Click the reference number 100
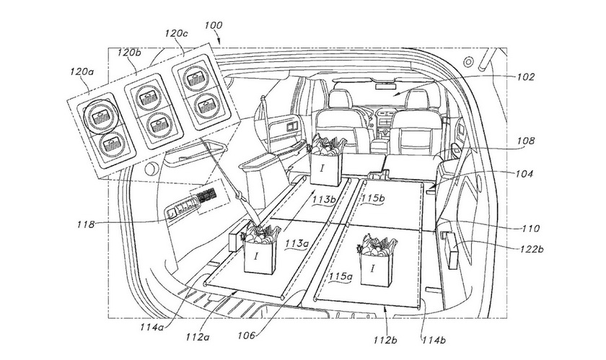214,25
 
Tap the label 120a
82,72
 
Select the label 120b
129,53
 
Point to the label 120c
176,33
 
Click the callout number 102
526,77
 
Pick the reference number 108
526,141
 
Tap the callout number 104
524,174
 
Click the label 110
531,229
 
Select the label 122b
531,250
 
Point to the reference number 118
86,224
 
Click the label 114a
152,327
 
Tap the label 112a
197,337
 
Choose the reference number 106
247,335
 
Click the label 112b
385,340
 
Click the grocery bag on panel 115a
374,260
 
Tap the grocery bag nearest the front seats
327,159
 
